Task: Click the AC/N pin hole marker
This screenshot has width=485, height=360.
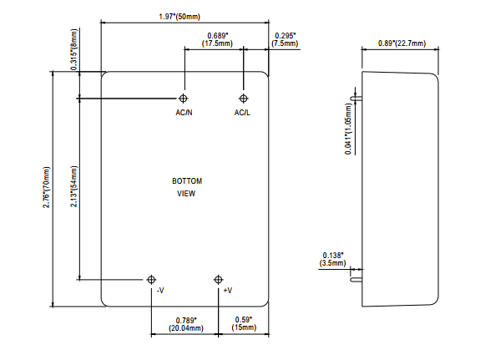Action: tap(183, 99)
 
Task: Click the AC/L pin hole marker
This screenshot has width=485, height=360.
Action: tap(244, 99)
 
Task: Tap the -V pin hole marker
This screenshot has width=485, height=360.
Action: tap(151, 280)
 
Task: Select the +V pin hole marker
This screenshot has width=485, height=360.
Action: tap(219, 280)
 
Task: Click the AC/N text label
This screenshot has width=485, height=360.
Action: tap(184, 113)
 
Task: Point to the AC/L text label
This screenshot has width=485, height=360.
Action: tap(242, 113)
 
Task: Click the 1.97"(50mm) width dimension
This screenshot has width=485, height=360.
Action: tap(179, 17)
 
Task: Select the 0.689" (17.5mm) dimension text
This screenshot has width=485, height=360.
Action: tap(217, 39)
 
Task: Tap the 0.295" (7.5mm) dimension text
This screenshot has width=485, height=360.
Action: tap(285, 39)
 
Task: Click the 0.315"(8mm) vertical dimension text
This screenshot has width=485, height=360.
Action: tap(74, 49)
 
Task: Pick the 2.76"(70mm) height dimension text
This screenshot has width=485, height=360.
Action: tap(47, 187)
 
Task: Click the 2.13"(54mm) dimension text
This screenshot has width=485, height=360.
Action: tap(74, 186)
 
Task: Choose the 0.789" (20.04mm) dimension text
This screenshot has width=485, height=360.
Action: tap(186, 324)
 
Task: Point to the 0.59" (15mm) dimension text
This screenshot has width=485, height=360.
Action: tap(244, 324)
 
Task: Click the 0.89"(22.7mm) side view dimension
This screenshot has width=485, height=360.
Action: tap(402, 43)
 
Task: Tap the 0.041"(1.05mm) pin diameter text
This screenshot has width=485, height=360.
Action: tap(348, 129)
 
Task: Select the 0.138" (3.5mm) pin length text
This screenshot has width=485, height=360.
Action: tap(333, 259)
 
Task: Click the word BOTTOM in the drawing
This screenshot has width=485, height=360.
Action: tap(187, 181)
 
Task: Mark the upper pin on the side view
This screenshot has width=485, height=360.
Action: tap(356, 99)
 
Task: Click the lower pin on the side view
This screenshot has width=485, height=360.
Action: tap(356, 280)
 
